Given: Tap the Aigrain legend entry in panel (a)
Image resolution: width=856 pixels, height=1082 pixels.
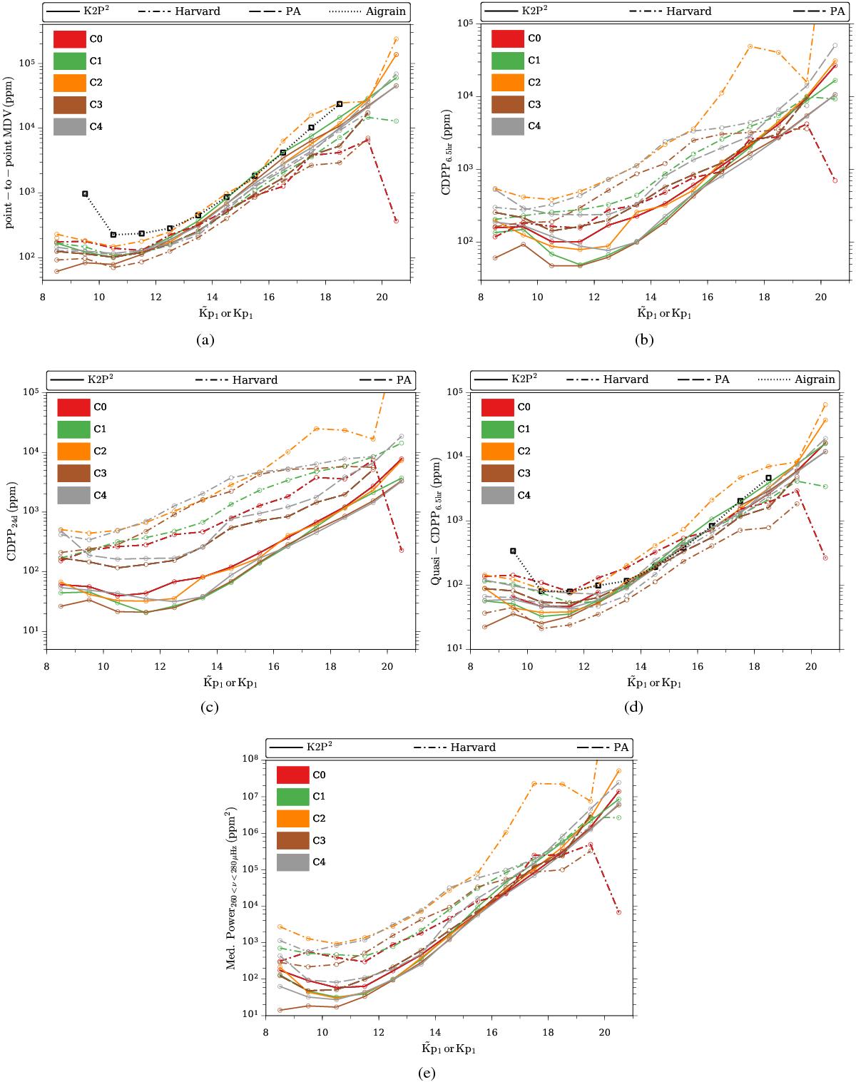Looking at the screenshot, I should tap(384, 11).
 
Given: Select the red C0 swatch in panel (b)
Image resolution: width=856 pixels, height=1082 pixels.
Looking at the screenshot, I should tap(508, 39).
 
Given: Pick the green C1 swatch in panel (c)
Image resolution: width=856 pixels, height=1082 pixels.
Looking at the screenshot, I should tap(73, 429).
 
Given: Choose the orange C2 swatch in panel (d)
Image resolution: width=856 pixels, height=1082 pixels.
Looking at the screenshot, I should tap(497, 451).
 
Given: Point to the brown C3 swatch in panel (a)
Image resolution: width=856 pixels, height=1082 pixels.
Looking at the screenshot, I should tap(70, 104).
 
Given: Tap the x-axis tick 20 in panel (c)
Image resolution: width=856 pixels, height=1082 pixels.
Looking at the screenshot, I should tap(387, 660).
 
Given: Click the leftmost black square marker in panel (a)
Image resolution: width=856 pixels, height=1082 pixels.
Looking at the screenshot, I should tap(85, 193).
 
